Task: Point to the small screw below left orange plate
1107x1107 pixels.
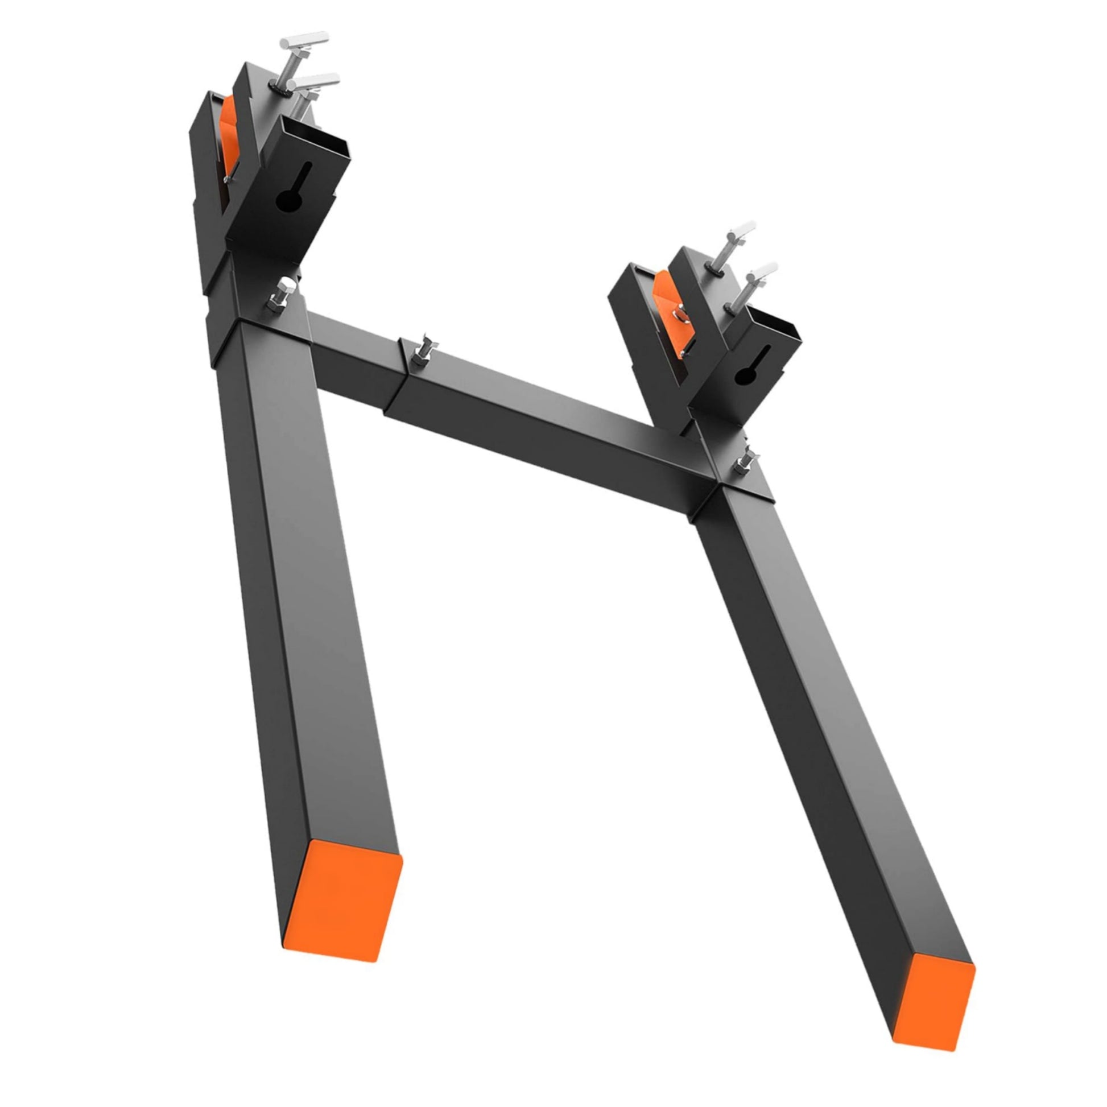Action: [x=228, y=181]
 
